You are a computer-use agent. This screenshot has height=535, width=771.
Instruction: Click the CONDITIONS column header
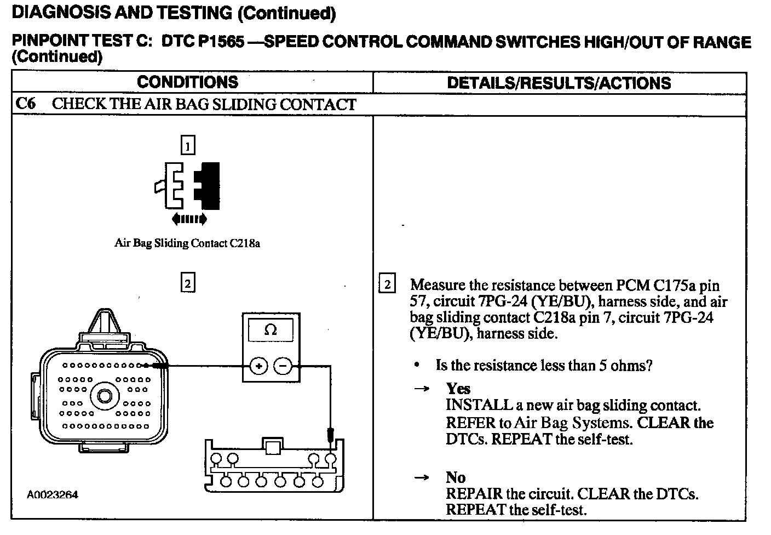(x=187, y=82)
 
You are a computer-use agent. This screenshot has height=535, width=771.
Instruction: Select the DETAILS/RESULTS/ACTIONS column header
(x=559, y=83)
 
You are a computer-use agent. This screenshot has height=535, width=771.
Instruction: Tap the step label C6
(x=26, y=104)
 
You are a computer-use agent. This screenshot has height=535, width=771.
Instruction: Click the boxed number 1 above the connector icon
(x=188, y=146)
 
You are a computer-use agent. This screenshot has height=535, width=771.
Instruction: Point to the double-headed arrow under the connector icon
(x=189, y=219)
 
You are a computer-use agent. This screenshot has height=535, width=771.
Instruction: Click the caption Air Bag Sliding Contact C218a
(x=187, y=243)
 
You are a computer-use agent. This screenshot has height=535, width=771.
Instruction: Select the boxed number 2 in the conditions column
(x=188, y=283)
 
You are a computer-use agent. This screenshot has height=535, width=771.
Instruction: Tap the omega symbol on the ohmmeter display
(x=271, y=330)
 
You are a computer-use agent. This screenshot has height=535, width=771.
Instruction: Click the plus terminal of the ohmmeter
(x=258, y=366)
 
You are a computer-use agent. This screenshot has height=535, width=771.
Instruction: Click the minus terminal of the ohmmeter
(x=283, y=366)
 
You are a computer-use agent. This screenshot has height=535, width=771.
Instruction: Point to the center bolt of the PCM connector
(x=103, y=395)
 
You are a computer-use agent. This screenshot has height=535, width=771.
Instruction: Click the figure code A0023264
(x=53, y=495)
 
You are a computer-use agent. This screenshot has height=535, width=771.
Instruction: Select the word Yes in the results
(x=458, y=389)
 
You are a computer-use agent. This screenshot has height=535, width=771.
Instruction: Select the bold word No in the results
(x=456, y=477)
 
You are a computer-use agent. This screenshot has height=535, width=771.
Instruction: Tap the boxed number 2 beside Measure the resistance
(x=387, y=284)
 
